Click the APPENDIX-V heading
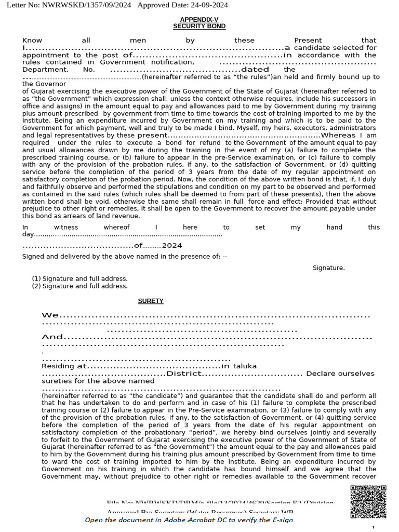[x=199, y=19]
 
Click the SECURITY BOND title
[x=199, y=26]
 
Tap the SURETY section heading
[x=151, y=301]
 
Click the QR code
[x=368, y=502]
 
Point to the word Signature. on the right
[x=328, y=268]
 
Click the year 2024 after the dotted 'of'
[x=172, y=245]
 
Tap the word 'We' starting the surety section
[x=50, y=315]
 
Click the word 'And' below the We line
[x=52, y=337]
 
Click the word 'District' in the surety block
[x=183, y=374]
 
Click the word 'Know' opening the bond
[x=32, y=40]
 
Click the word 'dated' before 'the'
[x=255, y=69]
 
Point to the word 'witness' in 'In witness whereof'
[x=66, y=227]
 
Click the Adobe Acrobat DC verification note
[x=189, y=520]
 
